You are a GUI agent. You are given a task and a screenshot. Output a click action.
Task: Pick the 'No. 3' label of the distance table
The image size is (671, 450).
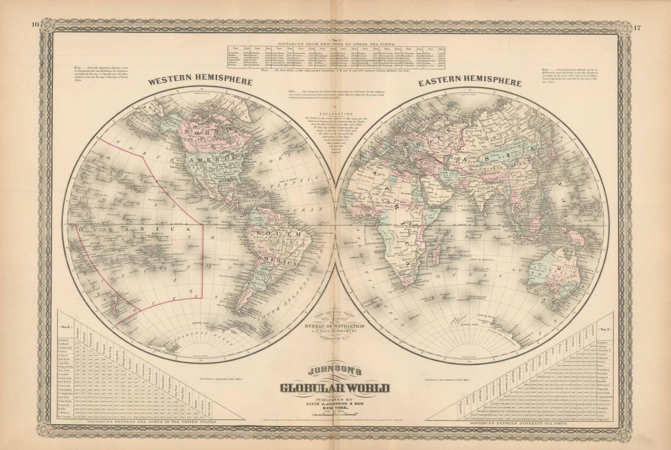point(606,329)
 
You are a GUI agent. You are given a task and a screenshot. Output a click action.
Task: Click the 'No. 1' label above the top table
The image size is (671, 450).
point(335,40)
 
